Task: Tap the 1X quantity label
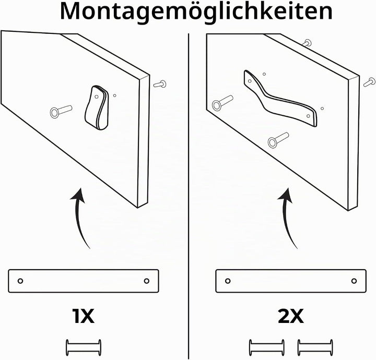coord(83,316)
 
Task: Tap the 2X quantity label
coord(291,316)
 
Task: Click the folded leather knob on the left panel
coord(97,107)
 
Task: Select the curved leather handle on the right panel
coord(280,98)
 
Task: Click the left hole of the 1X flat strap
coord(20,281)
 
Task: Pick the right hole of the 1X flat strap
coord(147,281)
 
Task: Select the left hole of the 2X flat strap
coord(228,281)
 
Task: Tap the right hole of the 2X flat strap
coord(354,281)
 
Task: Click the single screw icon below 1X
coord(84,347)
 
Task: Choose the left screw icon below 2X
coord(267,347)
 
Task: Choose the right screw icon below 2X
coord(315,347)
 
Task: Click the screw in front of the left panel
coord(61,111)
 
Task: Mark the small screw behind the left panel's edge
coord(160,84)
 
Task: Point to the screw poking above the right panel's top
coord(307,43)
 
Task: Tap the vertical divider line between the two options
coord(189,196)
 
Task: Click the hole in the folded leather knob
coord(97,97)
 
